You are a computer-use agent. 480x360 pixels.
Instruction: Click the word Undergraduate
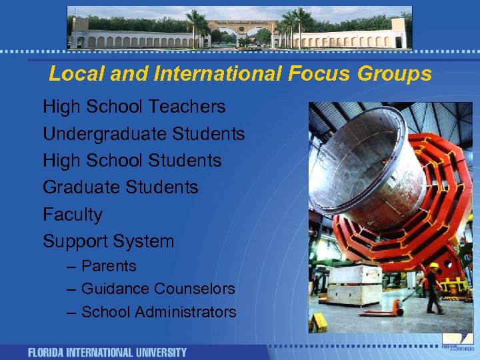pyautogui.click(x=105, y=134)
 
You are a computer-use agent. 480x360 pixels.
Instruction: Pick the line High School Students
pyautogui.click(x=132, y=161)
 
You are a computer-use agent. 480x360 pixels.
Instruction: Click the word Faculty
pyautogui.click(x=73, y=215)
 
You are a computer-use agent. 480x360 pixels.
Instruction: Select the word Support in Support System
pyautogui.click(x=75, y=241)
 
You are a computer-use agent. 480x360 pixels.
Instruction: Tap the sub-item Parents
pyautogui.click(x=109, y=266)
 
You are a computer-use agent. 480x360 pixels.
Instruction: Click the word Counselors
pyautogui.click(x=195, y=289)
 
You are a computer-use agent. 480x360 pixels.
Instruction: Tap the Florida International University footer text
pyautogui.click(x=107, y=352)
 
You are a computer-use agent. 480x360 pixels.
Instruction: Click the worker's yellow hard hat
pyautogui.click(x=434, y=265)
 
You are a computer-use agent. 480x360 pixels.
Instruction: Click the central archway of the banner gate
pyautogui.click(x=240, y=33)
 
